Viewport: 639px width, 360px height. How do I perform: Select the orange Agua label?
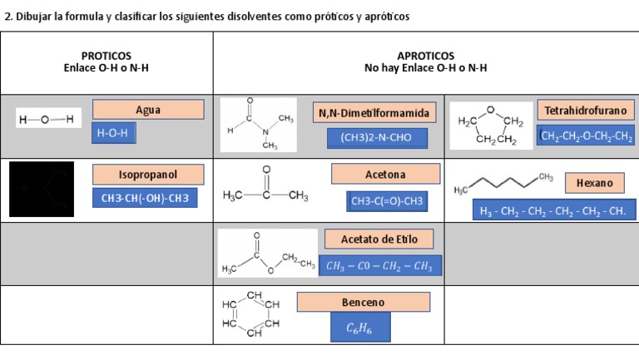(x=148, y=110)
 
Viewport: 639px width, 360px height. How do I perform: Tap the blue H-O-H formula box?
(x=113, y=133)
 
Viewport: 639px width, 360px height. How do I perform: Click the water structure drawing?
(x=47, y=120)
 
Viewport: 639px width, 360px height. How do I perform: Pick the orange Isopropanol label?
(x=148, y=175)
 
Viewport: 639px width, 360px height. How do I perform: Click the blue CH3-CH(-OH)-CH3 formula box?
(x=145, y=199)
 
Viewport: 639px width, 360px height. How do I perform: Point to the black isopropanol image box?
(x=41, y=190)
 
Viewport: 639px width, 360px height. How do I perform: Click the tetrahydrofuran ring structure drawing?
(x=490, y=126)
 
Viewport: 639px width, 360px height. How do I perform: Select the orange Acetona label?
(x=385, y=175)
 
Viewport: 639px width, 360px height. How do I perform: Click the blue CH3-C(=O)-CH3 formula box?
(x=387, y=201)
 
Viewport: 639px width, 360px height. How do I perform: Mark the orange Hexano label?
(x=595, y=183)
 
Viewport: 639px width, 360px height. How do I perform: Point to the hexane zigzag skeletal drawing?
(x=503, y=183)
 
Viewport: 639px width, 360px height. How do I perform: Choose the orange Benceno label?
(x=363, y=302)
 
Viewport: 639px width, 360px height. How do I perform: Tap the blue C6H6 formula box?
(x=359, y=328)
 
